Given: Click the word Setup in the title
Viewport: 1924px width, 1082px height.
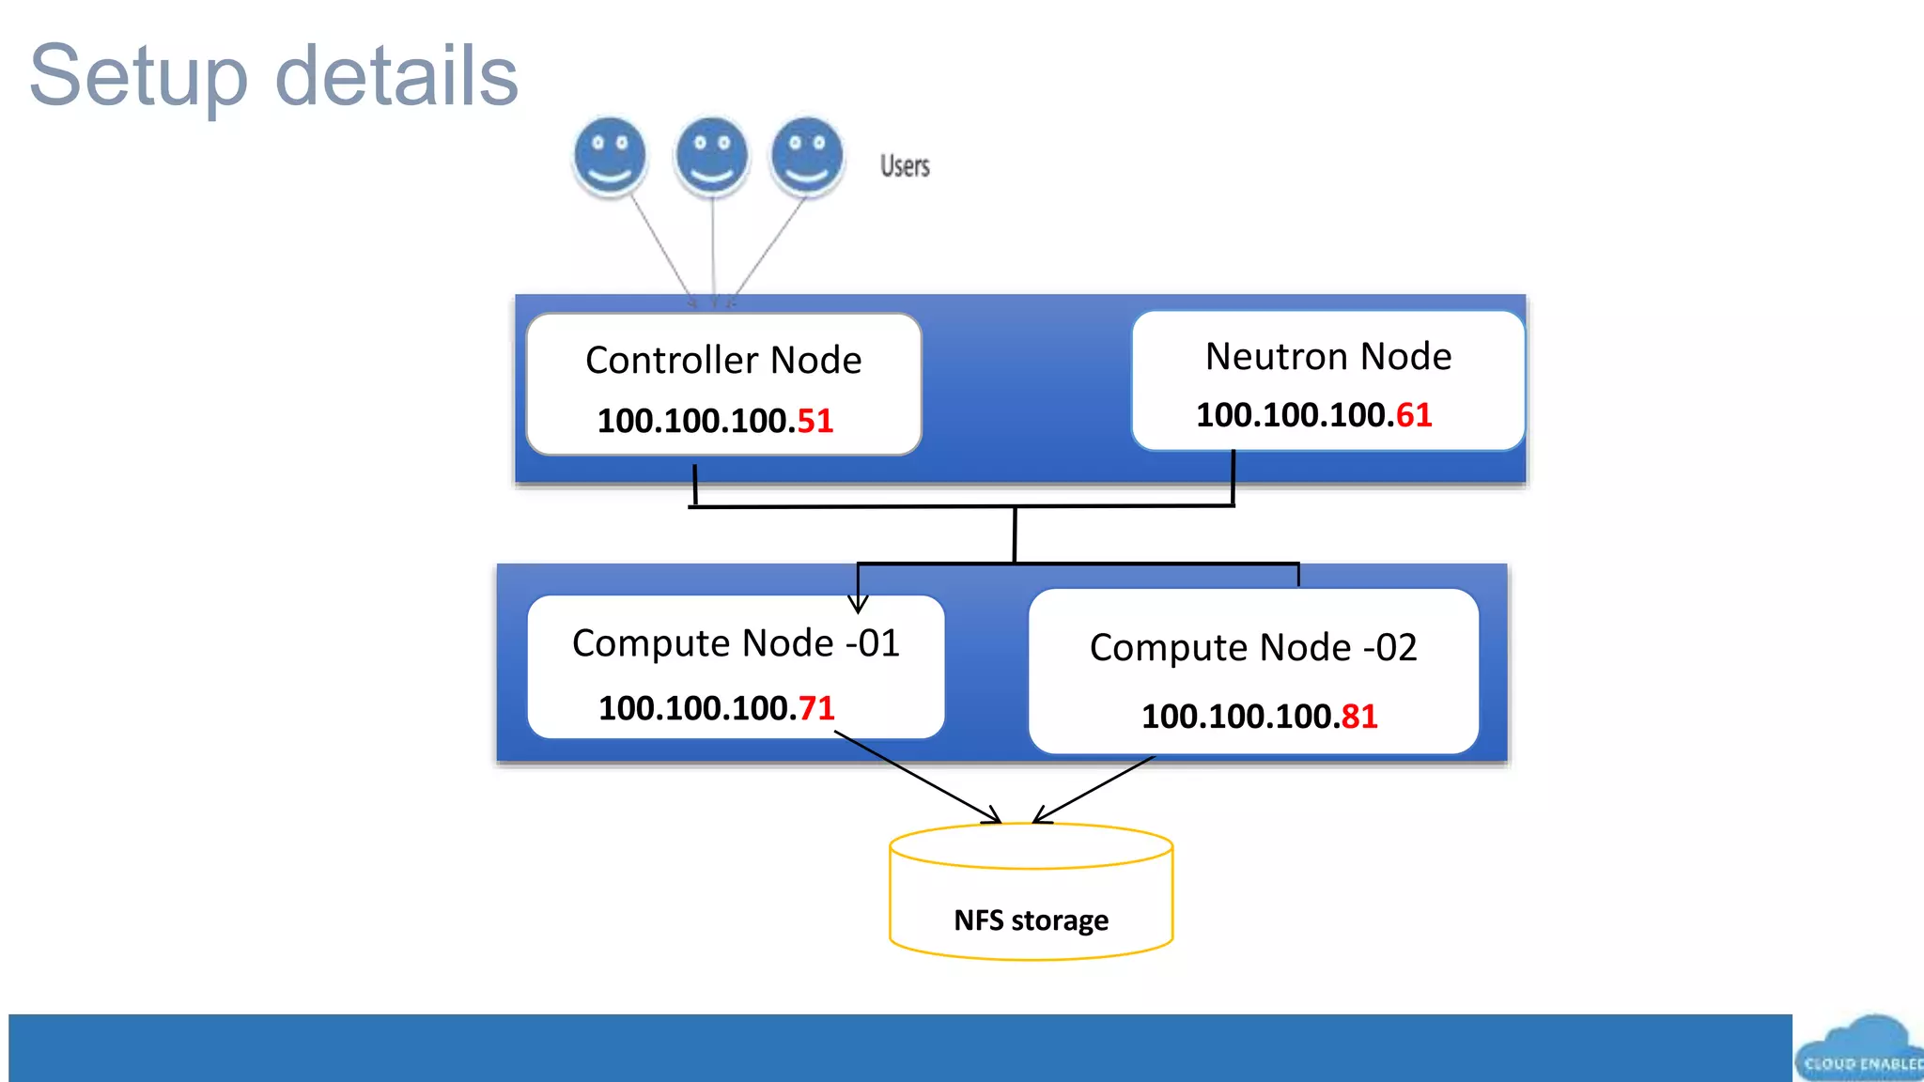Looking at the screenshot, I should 139,77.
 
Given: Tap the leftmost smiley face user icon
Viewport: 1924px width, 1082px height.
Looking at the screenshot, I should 610,156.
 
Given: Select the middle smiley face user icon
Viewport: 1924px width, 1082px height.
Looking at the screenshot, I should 712,156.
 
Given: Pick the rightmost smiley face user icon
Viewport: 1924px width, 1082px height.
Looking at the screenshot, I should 807,156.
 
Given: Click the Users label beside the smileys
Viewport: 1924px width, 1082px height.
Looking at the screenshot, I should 905,166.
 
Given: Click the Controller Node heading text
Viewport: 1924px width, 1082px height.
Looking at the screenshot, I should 722,361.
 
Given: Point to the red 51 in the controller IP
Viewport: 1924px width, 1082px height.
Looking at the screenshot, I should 815,421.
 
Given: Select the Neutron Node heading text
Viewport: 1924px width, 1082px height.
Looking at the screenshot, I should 1327,357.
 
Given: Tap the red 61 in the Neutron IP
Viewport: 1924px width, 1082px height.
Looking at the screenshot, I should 1413,415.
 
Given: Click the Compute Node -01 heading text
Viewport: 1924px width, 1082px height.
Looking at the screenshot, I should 736,644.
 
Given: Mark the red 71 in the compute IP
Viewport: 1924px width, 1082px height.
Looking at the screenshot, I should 815,708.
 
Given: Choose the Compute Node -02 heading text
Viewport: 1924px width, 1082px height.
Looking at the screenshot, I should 1252,648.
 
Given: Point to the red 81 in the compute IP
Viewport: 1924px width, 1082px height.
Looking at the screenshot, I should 1358,717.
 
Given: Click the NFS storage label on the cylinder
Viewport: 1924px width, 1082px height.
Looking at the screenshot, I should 1031,920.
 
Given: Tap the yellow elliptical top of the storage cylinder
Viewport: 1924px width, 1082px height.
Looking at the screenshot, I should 1031,846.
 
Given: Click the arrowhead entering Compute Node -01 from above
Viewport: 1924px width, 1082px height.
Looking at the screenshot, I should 858,603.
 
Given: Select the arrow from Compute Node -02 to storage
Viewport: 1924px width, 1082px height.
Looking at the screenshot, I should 1094,789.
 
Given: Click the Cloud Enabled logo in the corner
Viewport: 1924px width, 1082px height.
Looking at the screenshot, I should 1859,1050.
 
